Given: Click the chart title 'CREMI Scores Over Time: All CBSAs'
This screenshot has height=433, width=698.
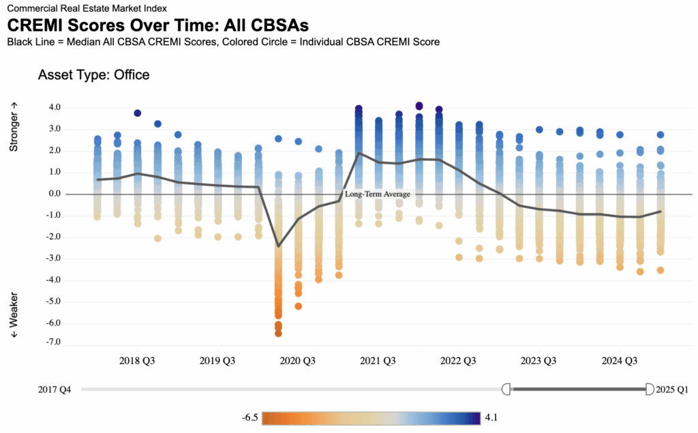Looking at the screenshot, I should click(158, 25).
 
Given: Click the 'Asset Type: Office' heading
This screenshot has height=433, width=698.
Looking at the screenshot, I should click(93, 75).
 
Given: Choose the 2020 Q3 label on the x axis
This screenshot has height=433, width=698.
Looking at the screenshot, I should click(299, 360).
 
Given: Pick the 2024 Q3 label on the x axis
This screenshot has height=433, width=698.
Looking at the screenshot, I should click(620, 360).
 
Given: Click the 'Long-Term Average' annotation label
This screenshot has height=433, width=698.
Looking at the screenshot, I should click(378, 194).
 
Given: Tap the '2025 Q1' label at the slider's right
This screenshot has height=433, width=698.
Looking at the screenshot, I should click(672, 389).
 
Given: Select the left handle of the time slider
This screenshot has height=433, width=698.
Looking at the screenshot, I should click(506, 389).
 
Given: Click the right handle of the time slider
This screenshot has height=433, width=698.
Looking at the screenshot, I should click(649, 389).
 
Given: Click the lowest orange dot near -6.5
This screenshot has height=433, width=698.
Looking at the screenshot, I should click(278, 333).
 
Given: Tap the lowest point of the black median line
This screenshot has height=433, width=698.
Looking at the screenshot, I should click(278, 246).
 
